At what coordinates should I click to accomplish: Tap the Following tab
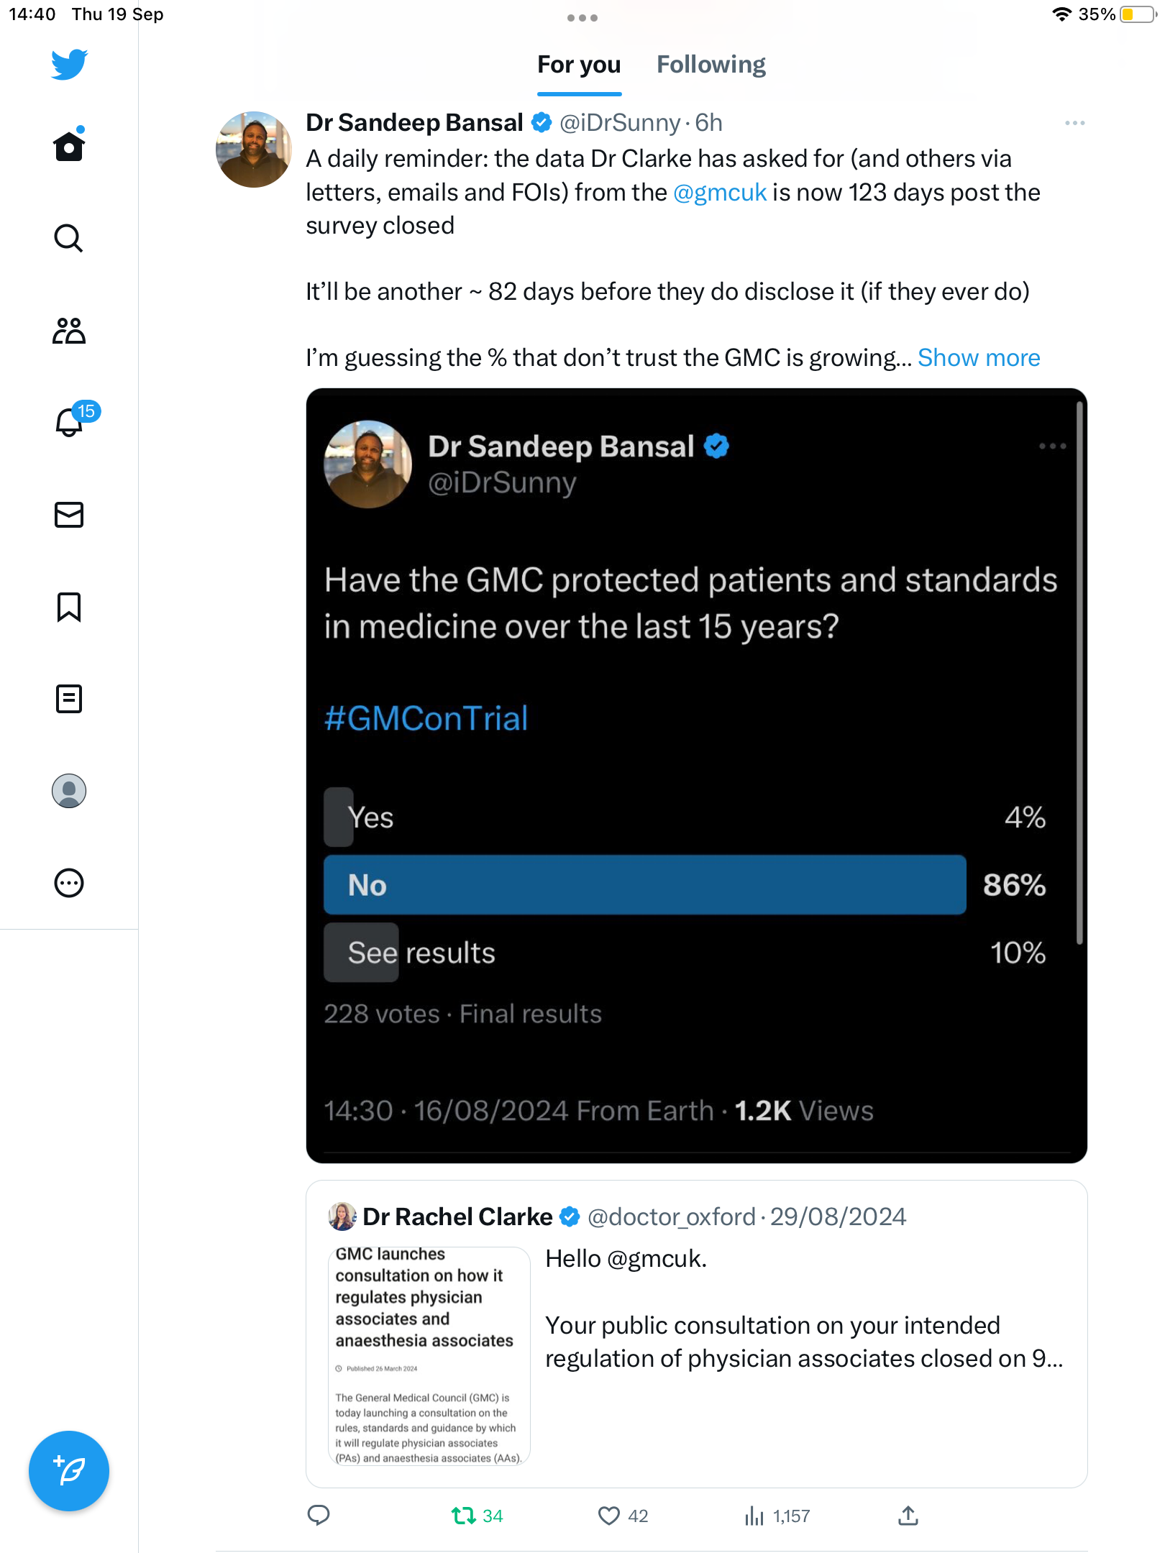[x=711, y=65]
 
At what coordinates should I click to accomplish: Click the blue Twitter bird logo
[x=69, y=65]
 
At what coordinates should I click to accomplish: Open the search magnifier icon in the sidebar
[x=69, y=238]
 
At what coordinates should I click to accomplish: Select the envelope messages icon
[x=69, y=515]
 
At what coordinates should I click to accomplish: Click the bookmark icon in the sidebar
[x=69, y=607]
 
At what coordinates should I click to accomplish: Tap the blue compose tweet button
[x=69, y=1470]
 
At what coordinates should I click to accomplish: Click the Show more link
[x=979, y=358]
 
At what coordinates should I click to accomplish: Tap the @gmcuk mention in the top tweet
[x=720, y=193]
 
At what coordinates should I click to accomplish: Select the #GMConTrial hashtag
[x=426, y=718]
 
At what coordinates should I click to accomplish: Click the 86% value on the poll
[x=1014, y=885]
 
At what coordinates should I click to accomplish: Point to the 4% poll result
[x=1025, y=817]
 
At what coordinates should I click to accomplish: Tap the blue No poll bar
[x=644, y=885]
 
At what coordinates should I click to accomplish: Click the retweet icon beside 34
[x=464, y=1516]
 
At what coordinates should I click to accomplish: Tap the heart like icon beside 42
[x=609, y=1516]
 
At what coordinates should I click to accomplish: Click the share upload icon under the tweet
[x=908, y=1516]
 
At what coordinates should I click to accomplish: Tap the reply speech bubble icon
[x=319, y=1516]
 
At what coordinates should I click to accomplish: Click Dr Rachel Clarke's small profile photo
[x=342, y=1217]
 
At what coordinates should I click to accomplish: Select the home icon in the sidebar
[x=69, y=146]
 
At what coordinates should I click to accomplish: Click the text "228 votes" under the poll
[x=382, y=1014]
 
